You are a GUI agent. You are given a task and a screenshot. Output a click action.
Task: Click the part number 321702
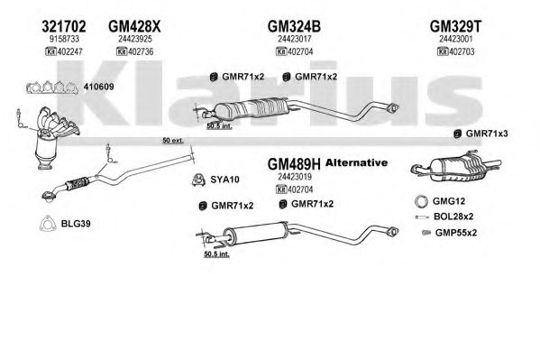pyautogui.click(x=64, y=26)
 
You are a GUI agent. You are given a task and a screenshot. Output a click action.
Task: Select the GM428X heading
pyautogui.click(x=134, y=26)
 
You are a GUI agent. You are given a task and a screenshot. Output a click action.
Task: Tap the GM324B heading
pyautogui.click(x=294, y=26)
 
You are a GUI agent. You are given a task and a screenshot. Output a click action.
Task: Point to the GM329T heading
pyautogui.click(x=456, y=26)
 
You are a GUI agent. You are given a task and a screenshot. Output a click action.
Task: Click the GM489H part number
pyautogui.click(x=294, y=164)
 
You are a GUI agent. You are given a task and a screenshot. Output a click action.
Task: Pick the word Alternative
pyautogui.click(x=356, y=162)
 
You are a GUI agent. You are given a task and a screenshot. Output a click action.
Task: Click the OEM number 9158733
pyautogui.click(x=64, y=39)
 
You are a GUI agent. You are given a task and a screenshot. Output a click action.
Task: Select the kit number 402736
pyautogui.click(x=141, y=51)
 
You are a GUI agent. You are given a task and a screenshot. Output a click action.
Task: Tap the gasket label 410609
pyautogui.click(x=98, y=87)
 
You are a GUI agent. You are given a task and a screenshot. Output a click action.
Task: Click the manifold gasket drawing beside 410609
pyautogui.click(x=52, y=88)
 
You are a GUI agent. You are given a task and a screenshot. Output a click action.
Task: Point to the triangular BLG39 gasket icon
pyautogui.click(x=48, y=224)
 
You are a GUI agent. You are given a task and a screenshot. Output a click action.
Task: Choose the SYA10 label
pyautogui.click(x=224, y=180)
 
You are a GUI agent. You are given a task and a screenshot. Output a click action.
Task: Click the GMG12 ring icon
pyautogui.click(x=421, y=202)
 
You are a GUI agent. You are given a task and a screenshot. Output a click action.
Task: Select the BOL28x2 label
pyautogui.click(x=453, y=217)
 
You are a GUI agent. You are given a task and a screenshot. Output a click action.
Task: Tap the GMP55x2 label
pyautogui.click(x=456, y=233)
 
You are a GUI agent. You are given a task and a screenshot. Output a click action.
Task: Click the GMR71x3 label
pyautogui.click(x=487, y=134)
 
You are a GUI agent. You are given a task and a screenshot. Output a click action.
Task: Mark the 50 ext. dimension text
pyautogui.click(x=173, y=141)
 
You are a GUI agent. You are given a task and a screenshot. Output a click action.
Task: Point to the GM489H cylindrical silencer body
pyautogui.click(x=255, y=234)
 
